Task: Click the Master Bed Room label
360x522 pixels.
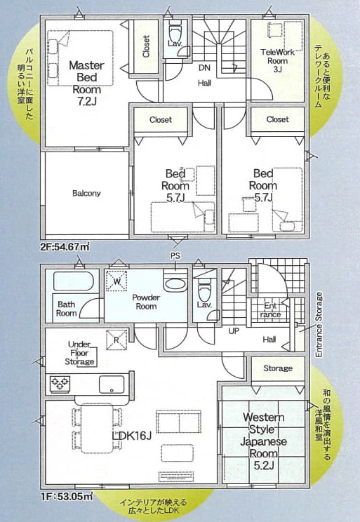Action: click(x=86, y=83)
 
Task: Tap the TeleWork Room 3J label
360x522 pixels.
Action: click(x=277, y=61)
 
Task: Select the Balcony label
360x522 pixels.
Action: click(x=86, y=194)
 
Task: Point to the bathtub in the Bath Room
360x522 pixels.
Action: click(x=74, y=281)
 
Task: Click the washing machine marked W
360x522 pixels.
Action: click(x=116, y=281)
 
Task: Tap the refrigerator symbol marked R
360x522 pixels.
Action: click(x=116, y=340)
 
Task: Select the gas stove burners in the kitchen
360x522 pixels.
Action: click(x=60, y=384)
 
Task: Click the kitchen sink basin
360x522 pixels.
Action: click(x=112, y=384)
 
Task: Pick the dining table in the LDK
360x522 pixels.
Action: click(x=97, y=428)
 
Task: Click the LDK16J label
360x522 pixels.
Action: click(x=132, y=436)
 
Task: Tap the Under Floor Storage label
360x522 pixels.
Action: click(x=79, y=353)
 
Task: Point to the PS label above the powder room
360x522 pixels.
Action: click(x=175, y=255)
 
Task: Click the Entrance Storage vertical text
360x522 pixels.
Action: click(x=319, y=325)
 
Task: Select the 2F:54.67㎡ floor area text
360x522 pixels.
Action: click(x=65, y=248)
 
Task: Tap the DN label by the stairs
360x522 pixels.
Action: click(x=204, y=68)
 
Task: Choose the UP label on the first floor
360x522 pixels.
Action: click(x=234, y=331)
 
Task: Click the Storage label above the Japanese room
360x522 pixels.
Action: click(x=278, y=368)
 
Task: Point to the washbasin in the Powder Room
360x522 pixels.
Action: click(x=175, y=284)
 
